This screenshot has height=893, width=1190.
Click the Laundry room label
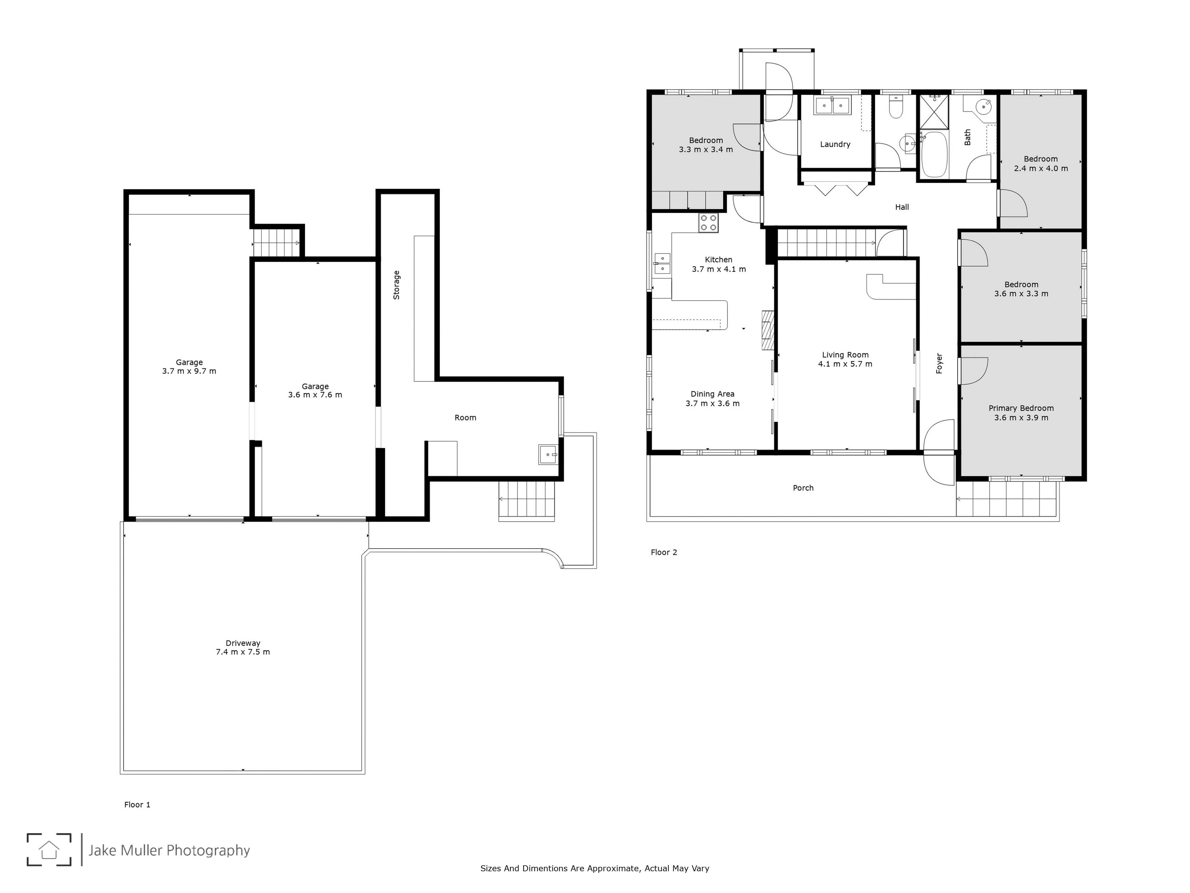point(835,144)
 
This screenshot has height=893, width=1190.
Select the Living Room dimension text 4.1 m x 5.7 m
point(845,364)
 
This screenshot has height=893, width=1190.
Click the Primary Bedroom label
point(1021,408)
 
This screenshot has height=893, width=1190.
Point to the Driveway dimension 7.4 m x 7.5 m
point(243,652)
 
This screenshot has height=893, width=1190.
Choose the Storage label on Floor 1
point(397,285)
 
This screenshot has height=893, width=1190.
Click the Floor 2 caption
point(664,552)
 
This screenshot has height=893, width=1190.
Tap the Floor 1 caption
point(137,805)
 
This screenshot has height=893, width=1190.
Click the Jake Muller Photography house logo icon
point(49,850)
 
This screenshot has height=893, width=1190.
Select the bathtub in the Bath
point(934,154)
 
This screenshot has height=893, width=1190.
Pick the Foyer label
point(939,363)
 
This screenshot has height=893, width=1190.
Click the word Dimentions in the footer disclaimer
point(545,868)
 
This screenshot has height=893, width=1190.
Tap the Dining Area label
point(712,394)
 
